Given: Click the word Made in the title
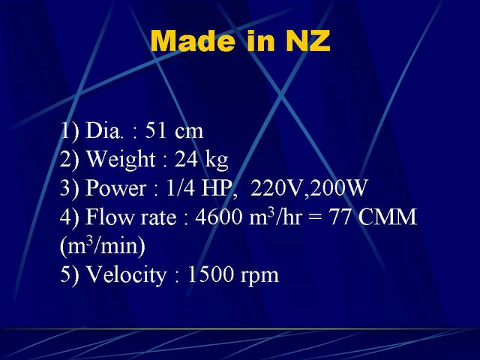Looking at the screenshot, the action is (x=193, y=40).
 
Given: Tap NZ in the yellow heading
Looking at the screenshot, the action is (x=308, y=40).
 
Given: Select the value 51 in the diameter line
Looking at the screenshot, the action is (x=156, y=130).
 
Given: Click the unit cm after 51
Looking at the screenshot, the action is (x=189, y=132).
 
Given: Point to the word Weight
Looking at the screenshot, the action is (x=121, y=160).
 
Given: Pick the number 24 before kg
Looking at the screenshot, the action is (x=186, y=159).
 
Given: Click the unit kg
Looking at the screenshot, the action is (x=217, y=160).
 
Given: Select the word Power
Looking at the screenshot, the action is (x=115, y=187).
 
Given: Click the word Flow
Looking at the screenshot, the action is (x=110, y=217).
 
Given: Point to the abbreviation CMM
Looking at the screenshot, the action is (x=388, y=217).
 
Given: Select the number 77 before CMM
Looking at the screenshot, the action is (x=340, y=217).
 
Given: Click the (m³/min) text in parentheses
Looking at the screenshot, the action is (x=103, y=245).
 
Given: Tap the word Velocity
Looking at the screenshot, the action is (x=126, y=274).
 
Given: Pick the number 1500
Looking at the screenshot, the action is (x=210, y=274).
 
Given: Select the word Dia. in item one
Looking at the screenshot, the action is (x=103, y=130).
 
